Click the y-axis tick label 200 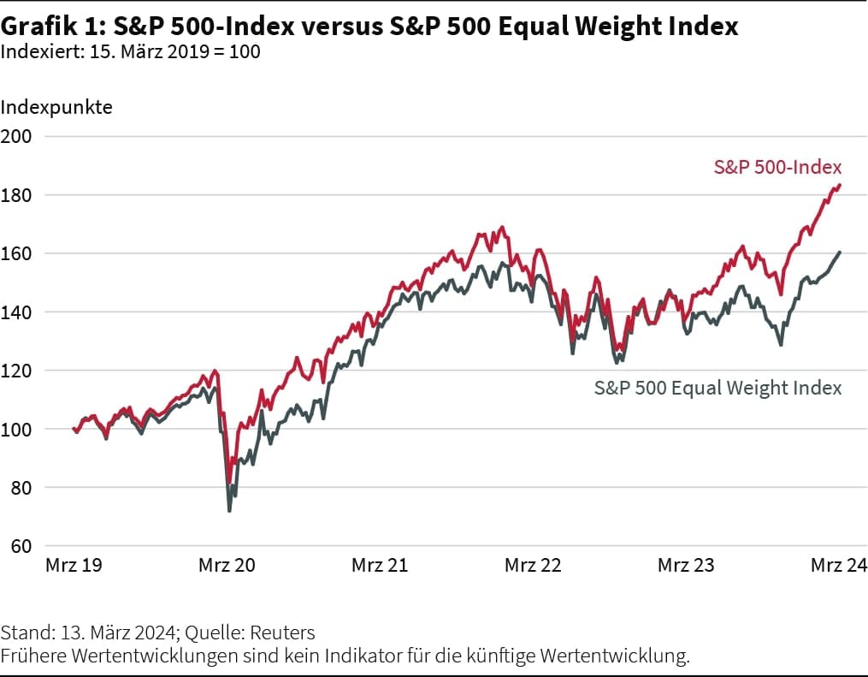(16, 136)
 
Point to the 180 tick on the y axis (16, 195)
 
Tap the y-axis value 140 (16, 312)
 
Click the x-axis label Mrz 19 (74, 566)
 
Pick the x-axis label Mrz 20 (227, 566)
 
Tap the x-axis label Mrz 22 (533, 566)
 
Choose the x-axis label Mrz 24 (839, 566)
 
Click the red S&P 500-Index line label (777, 167)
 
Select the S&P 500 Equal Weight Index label (717, 388)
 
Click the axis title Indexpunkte (56, 108)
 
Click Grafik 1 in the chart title (51, 27)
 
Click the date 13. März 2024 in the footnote (121, 633)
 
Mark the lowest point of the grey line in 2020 (229, 511)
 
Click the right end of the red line (840, 184)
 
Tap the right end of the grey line (840, 252)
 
